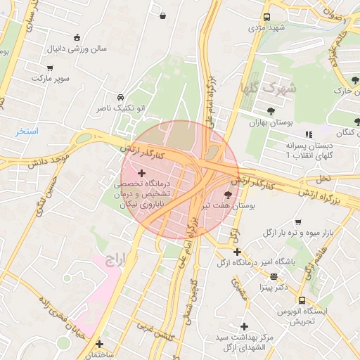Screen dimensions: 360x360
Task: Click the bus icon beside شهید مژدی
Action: (267, 17)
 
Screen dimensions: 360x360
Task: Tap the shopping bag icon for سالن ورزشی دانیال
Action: (77, 38)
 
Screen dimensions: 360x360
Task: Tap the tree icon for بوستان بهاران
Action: (271, 111)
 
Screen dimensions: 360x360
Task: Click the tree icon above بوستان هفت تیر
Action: (228, 195)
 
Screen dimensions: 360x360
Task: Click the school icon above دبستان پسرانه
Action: (307, 134)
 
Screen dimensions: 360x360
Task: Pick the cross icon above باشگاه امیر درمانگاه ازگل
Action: (237, 252)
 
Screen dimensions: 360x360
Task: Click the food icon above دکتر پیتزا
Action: (274, 276)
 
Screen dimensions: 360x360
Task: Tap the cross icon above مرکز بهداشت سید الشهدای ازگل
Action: (244, 326)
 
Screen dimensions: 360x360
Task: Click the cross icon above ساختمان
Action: (99, 345)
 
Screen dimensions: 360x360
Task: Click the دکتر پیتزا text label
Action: (274, 288)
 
